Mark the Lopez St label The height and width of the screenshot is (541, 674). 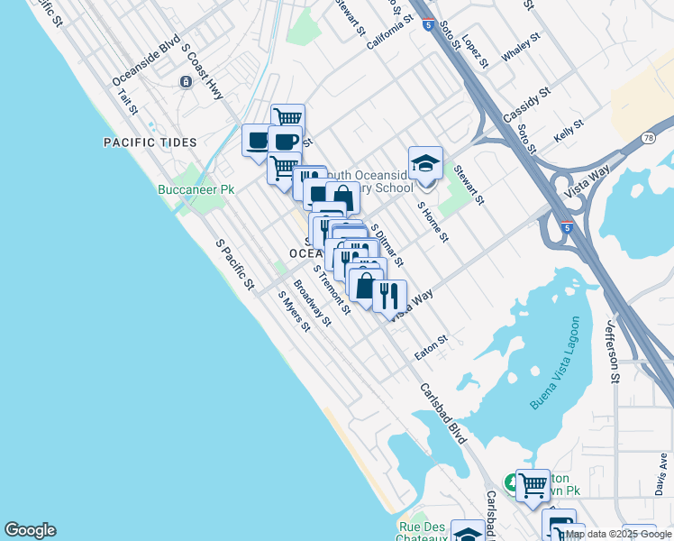tap(475, 52)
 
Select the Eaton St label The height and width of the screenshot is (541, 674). tap(431, 349)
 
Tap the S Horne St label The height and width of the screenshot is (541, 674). tap(433, 222)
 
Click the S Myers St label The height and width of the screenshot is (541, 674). tap(294, 311)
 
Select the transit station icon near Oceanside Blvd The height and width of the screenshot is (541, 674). tap(186, 82)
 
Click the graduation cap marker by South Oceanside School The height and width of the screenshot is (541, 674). tap(425, 163)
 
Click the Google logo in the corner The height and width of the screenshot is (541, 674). tap(30, 530)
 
